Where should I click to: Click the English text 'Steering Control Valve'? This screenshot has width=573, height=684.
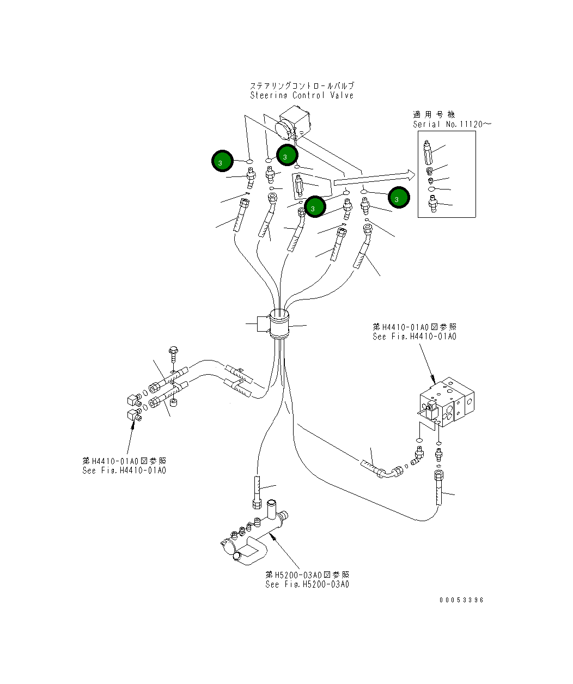[302, 95]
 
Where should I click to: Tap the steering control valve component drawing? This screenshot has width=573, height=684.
[292, 125]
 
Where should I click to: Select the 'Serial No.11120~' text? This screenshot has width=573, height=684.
[452, 124]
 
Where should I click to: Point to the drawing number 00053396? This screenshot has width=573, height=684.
[461, 600]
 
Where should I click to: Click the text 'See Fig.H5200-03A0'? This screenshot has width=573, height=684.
[307, 584]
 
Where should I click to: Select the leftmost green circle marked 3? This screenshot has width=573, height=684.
[222, 161]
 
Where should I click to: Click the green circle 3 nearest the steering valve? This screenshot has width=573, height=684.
[286, 155]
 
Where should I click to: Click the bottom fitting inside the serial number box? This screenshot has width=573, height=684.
[433, 206]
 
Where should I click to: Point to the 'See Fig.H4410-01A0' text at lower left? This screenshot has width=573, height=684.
[124, 471]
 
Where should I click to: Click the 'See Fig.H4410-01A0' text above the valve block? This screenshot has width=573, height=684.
[414, 337]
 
